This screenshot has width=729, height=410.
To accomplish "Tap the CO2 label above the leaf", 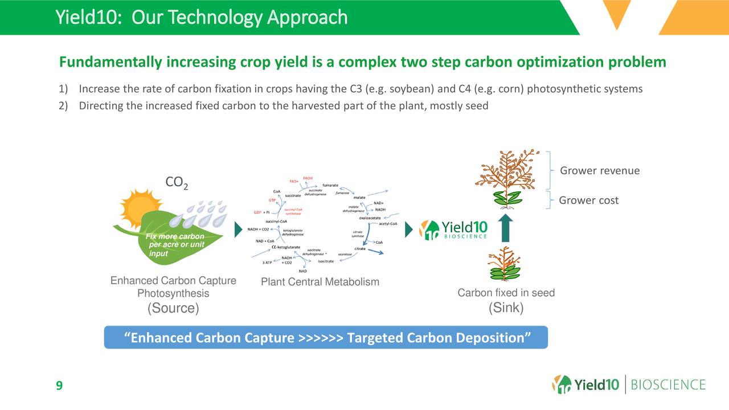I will [177, 183].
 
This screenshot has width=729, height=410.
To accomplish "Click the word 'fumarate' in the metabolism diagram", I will [331, 185].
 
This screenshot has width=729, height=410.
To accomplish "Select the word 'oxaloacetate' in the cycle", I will [370, 218].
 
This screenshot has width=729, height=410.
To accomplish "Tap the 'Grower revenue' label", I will [600, 171].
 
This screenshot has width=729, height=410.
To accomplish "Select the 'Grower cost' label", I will [588, 200].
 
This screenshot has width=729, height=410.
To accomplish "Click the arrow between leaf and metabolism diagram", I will [239, 230].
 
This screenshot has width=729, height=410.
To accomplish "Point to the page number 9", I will [59, 387].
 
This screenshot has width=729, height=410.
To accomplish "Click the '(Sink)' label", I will [506, 308].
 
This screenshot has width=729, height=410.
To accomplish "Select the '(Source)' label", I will [173, 308].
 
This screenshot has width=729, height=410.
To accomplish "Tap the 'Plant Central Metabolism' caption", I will [320, 282].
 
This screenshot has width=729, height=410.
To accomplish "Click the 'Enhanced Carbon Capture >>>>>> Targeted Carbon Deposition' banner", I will [326, 338].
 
